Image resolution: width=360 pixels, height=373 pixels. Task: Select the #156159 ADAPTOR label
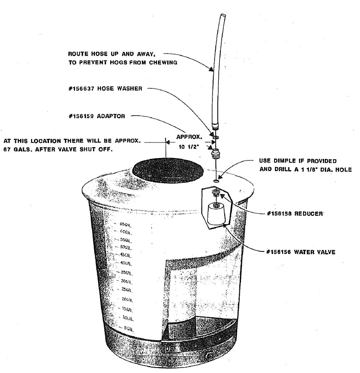pyautogui.click(x=96, y=116)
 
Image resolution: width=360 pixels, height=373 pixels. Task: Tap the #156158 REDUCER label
pyautogui.click(x=295, y=214)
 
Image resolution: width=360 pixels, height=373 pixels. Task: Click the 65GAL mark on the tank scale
pyautogui.click(x=126, y=224)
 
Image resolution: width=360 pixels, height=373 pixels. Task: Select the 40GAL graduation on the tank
pyautogui.click(x=126, y=263)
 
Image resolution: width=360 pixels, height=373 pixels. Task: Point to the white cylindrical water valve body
pyautogui.click(x=216, y=214)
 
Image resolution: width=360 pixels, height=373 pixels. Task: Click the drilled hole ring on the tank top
pyautogui.click(x=216, y=181)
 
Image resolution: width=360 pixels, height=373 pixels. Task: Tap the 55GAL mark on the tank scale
pyautogui.click(x=126, y=240)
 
